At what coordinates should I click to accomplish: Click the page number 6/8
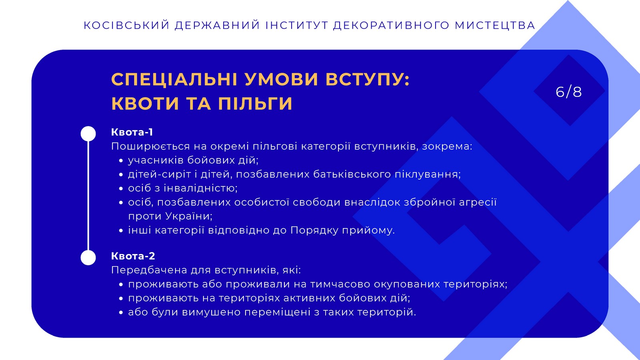(x=568, y=92)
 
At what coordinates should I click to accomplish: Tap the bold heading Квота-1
(x=132, y=132)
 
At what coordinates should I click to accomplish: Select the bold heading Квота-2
(x=133, y=256)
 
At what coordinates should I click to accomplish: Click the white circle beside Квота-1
(x=88, y=134)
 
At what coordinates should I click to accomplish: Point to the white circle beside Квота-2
(x=88, y=258)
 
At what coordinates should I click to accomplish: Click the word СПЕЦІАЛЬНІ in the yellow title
(x=174, y=79)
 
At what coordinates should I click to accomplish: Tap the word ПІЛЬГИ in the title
(x=255, y=103)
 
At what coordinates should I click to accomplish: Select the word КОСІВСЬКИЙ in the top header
(x=126, y=26)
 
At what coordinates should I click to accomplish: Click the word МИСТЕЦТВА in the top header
(x=495, y=26)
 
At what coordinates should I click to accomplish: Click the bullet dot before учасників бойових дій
(x=121, y=160)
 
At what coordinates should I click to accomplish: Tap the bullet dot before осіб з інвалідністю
(x=121, y=188)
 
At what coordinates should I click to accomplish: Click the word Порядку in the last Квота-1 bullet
(x=314, y=230)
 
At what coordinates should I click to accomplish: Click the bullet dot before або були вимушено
(x=121, y=312)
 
